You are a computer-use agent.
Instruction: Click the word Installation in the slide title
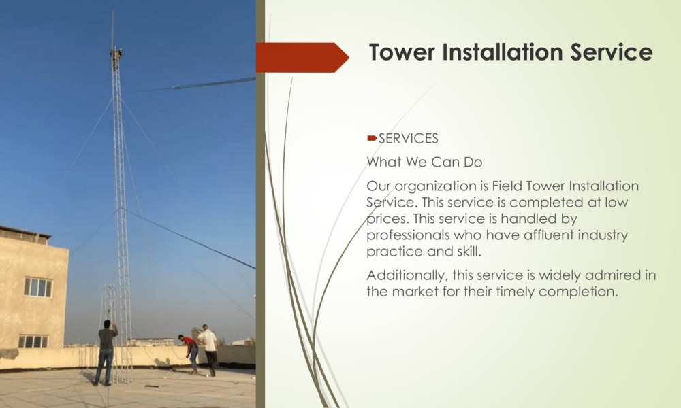pos(503,52)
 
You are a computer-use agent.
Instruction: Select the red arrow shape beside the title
pos(302,57)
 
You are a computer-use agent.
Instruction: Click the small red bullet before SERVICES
pos(372,138)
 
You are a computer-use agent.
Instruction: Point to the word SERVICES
pos(408,139)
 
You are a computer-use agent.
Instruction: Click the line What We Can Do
pos(424,162)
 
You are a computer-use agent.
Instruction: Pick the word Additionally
pos(408,276)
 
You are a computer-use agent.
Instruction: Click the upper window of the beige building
pos(37,287)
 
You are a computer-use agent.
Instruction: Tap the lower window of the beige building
pos(33,341)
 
